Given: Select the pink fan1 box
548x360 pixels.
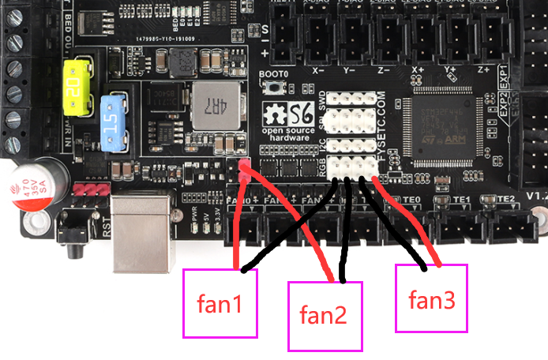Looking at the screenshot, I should click(220, 303).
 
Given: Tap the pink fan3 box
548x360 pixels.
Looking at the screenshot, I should click(431, 299).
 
